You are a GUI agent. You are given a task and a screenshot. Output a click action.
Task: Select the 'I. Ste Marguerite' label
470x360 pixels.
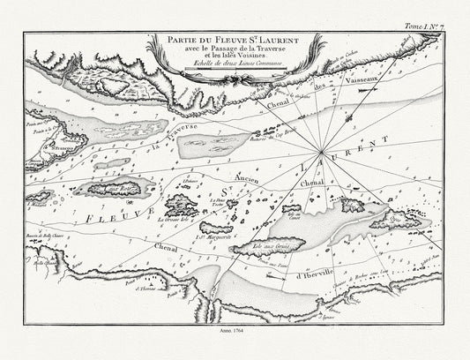[213, 236]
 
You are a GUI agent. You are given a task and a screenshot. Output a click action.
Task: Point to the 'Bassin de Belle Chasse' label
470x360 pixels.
[38, 239]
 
